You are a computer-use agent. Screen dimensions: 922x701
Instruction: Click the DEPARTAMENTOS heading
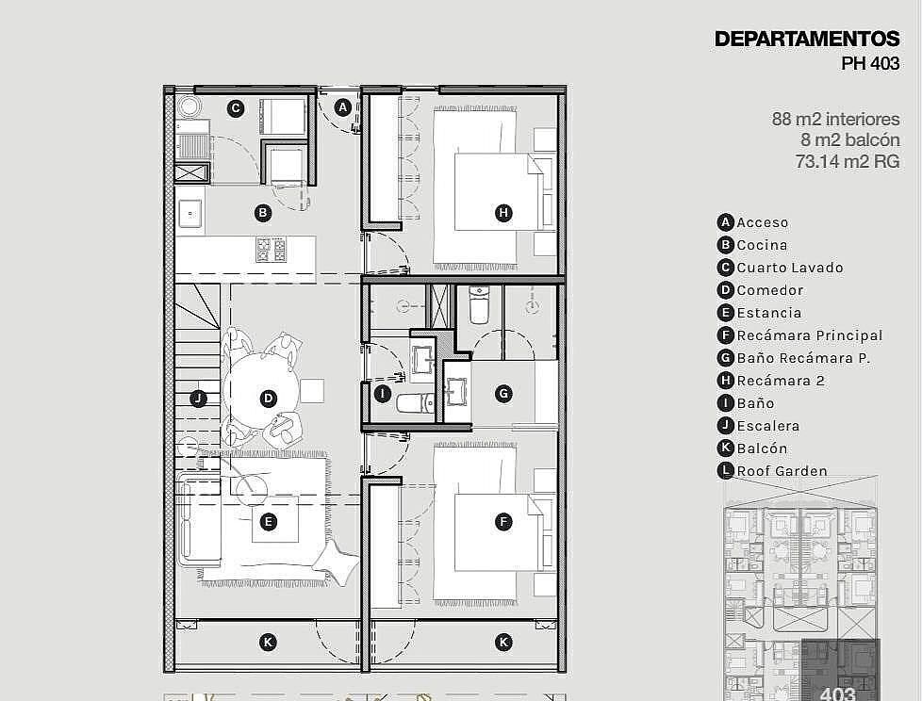click(x=807, y=39)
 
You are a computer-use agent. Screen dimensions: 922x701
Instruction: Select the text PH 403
click(x=869, y=63)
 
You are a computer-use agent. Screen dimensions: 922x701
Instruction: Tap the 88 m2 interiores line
click(x=835, y=120)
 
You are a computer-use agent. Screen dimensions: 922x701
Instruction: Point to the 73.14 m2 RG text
click(x=848, y=161)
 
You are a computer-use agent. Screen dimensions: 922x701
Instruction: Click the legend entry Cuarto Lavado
click(x=781, y=268)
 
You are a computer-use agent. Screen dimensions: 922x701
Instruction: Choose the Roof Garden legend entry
click(x=772, y=471)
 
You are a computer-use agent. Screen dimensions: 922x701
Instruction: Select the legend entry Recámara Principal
click(x=799, y=335)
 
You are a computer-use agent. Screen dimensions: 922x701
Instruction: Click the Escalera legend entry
click(x=759, y=426)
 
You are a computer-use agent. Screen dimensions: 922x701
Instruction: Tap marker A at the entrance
click(x=343, y=107)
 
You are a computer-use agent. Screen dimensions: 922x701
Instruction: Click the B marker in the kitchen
click(x=263, y=213)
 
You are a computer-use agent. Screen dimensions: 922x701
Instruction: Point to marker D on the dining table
click(x=268, y=399)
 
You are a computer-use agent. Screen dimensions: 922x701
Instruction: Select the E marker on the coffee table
click(x=268, y=522)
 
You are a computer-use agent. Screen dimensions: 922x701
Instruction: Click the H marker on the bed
click(x=503, y=213)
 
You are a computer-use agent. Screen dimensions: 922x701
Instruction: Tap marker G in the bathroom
click(x=503, y=394)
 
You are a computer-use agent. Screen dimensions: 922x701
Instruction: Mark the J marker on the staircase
click(x=198, y=399)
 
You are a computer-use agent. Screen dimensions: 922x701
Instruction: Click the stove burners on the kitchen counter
click(x=272, y=249)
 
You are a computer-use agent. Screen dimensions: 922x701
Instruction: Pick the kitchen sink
click(x=190, y=213)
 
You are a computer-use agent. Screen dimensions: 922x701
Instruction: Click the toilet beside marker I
click(x=415, y=403)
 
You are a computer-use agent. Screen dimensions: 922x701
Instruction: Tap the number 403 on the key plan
click(x=837, y=693)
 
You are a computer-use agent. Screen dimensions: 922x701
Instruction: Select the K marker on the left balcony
click(x=268, y=643)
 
